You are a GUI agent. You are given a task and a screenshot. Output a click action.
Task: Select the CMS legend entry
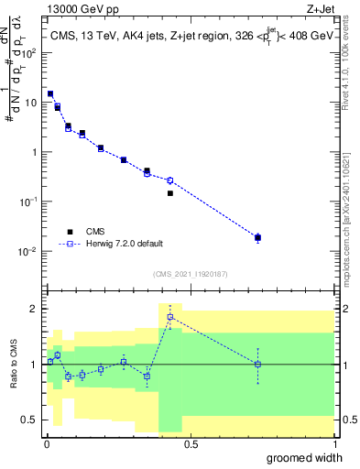coord(94,231)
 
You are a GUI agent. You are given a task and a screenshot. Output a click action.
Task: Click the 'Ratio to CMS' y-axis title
coord(14,364)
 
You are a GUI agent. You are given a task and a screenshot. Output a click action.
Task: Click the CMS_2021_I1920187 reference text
coord(190,274)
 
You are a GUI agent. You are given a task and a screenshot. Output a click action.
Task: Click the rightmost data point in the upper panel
coord(257,237)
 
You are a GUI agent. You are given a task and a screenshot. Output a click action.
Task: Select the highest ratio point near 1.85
coord(170,317)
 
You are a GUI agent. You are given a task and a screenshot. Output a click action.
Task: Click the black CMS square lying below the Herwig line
coord(170,193)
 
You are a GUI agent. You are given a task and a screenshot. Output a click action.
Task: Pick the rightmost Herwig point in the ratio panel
coord(257,364)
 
